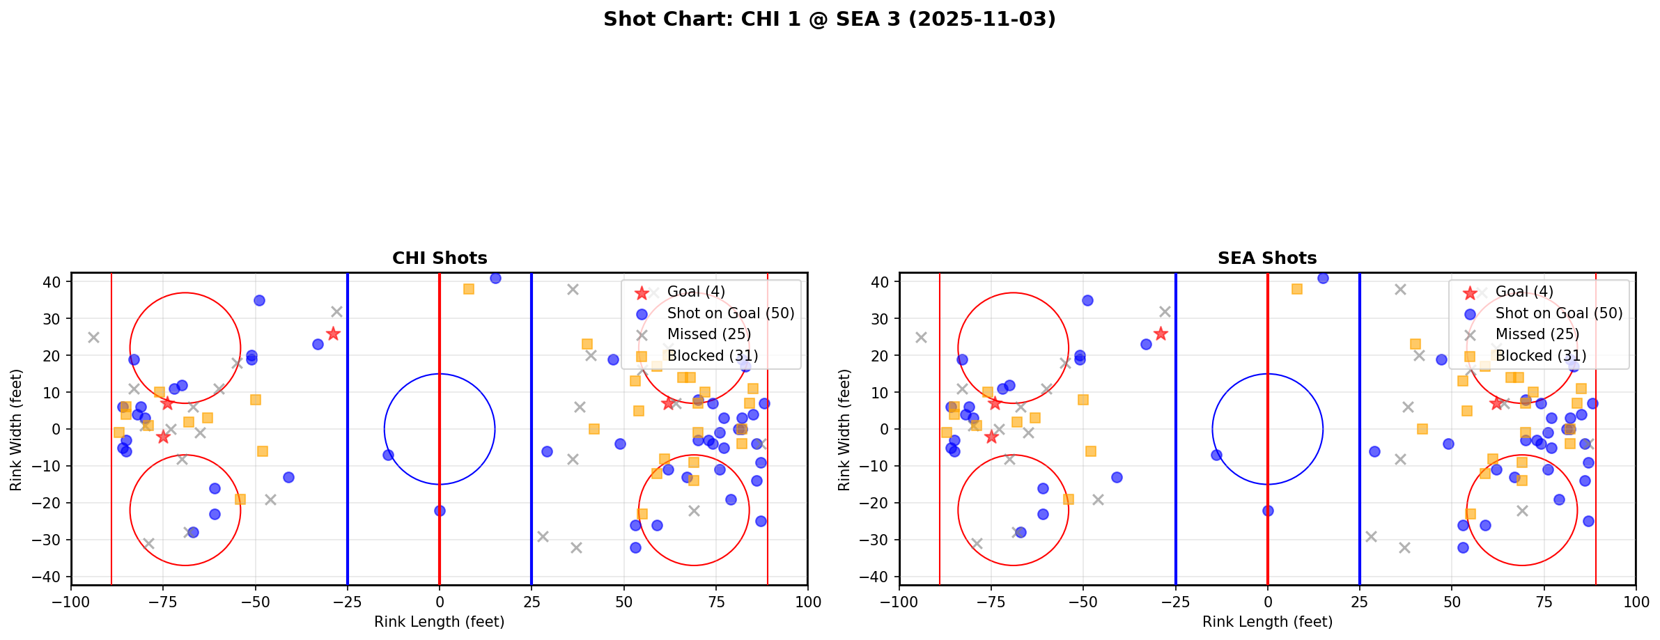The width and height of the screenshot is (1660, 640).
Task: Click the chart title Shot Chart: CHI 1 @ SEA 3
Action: point(829,19)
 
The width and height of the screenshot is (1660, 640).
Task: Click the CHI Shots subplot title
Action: point(440,258)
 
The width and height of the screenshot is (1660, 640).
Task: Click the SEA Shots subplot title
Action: point(1267,258)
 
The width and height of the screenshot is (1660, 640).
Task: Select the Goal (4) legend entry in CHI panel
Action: point(696,292)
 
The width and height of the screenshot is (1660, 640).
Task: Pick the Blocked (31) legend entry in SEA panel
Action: point(1541,356)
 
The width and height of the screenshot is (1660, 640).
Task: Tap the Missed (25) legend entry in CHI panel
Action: point(708,334)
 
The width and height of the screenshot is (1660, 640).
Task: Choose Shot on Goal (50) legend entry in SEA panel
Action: point(1559,313)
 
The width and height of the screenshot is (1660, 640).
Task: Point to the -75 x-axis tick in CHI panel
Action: point(163,601)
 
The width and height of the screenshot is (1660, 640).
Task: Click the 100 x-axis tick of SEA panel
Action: point(1635,601)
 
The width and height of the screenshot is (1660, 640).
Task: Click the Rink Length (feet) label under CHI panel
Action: point(440,622)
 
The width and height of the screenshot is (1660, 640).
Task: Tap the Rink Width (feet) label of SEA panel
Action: point(844,429)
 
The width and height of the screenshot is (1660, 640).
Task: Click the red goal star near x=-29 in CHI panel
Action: point(333,334)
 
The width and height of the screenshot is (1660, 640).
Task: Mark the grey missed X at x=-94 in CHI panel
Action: point(93,337)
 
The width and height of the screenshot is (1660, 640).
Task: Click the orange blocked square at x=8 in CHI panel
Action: point(469,289)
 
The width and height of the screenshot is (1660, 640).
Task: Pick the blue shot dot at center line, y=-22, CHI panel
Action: point(440,510)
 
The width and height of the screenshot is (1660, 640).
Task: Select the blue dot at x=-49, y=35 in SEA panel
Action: point(1087,300)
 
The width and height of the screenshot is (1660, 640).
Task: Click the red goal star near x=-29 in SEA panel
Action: point(1161,334)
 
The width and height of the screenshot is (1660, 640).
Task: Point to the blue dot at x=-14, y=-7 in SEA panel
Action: point(1216,455)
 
